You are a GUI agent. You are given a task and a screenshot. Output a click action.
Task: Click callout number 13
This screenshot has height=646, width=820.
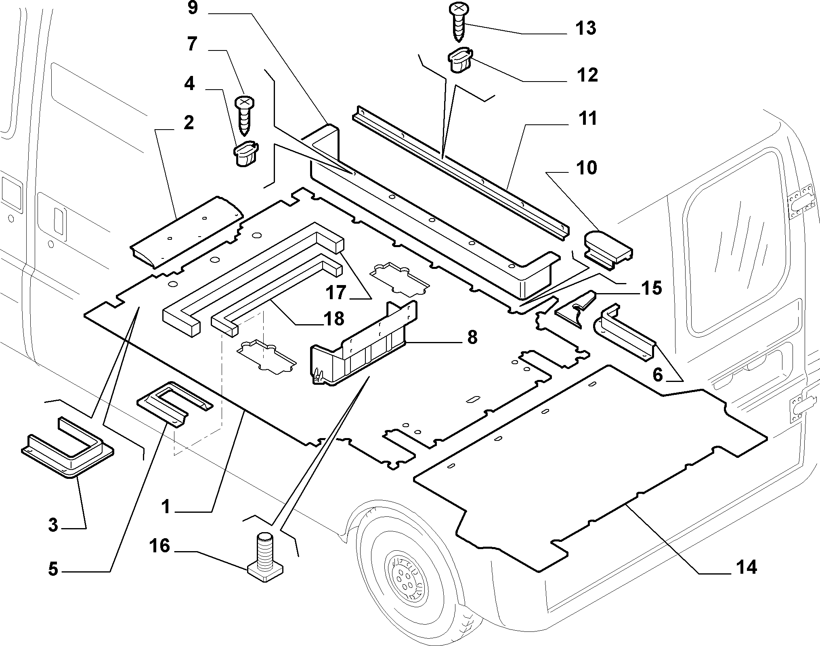pyautogui.click(x=585, y=28)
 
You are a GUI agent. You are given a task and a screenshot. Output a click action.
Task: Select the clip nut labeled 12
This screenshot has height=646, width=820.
pyautogui.click(x=461, y=60)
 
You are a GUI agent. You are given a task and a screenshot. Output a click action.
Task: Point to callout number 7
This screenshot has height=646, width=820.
pyautogui.click(x=192, y=44)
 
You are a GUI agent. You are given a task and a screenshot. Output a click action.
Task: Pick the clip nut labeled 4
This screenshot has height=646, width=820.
pyautogui.click(x=246, y=154)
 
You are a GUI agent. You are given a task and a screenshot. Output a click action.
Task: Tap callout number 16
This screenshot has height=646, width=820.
pyautogui.click(x=159, y=546)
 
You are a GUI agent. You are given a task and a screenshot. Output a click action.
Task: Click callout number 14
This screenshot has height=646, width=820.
pyautogui.click(x=746, y=567)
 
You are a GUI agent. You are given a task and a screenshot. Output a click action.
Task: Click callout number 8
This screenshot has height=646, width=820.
pyautogui.click(x=472, y=337)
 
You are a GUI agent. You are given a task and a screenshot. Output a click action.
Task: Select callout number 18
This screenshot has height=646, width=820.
pyautogui.click(x=333, y=319)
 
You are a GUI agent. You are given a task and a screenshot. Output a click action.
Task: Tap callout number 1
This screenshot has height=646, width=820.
pyautogui.click(x=166, y=506)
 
